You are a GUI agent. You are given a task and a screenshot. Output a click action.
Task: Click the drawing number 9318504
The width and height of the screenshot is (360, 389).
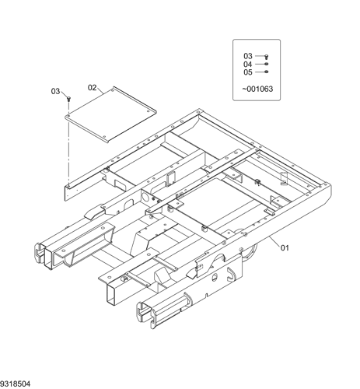(16, 384)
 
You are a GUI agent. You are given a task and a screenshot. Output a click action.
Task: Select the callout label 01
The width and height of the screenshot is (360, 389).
(285, 248)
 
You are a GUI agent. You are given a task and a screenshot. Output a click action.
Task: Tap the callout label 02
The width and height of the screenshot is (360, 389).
(92, 88)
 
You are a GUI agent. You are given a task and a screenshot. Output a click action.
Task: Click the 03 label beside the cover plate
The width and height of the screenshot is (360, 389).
(55, 91)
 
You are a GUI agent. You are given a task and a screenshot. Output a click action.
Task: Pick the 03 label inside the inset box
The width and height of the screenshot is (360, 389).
(248, 56)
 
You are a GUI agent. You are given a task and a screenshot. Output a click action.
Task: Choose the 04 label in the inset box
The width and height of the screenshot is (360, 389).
(247, 64)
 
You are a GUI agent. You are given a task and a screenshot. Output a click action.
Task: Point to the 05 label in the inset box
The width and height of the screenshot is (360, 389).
(248, 72)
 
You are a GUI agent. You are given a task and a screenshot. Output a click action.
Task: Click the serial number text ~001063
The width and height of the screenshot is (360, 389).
(257, 89)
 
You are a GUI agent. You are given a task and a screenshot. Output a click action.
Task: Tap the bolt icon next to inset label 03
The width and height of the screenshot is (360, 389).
(266, 57)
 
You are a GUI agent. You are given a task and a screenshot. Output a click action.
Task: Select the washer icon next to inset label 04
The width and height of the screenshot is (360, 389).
(266, 64)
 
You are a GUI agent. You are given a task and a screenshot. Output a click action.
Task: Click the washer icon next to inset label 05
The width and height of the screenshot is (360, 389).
(266, 72)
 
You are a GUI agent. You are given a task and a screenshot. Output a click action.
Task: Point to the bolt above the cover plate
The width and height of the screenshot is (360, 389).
(68, 99)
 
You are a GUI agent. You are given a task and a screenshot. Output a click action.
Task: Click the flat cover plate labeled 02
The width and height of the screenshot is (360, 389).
(110, 114)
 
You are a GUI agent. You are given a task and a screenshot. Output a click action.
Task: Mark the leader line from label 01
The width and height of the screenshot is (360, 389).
(274, 240)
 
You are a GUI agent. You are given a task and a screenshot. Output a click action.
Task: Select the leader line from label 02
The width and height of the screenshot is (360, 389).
(100, 91)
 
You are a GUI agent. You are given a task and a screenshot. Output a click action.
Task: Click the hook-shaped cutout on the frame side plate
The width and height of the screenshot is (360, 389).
(231, 275)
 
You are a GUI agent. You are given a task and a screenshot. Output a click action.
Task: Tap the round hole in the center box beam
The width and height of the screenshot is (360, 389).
(147, 197)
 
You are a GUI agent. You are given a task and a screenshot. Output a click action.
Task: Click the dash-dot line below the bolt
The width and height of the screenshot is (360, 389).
(69, 142)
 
